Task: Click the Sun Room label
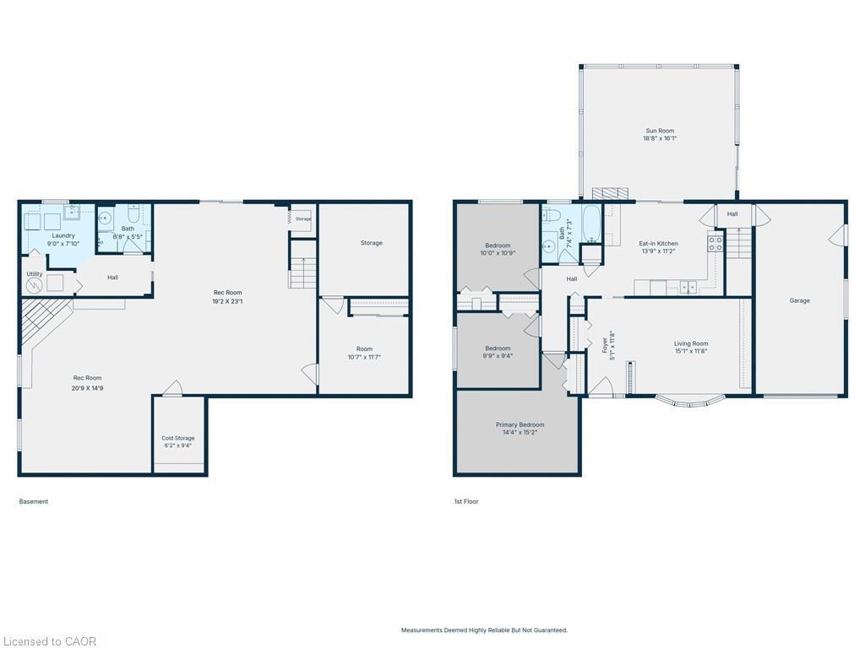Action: coord(660,131)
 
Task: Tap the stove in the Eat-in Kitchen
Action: coord(715,244)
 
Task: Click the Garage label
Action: coord(799,300)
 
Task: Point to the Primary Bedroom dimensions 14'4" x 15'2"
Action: coord(520,432)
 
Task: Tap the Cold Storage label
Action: coord(178,438)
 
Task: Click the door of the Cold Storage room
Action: coord(172,388)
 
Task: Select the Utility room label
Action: coord(35,274)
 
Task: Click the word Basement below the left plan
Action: coord(34,501)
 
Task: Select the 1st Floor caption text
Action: coord(466,501)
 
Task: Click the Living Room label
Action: coord(690,343)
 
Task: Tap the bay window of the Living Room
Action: coord(690,400)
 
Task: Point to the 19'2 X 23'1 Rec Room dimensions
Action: coord(227,301)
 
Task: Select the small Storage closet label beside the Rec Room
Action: coord(303,219)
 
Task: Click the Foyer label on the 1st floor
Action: coord(605,345)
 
